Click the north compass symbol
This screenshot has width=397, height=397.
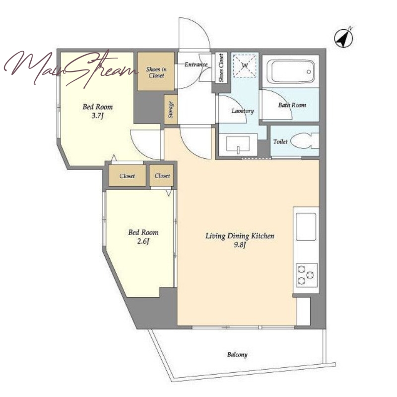pos(343,38)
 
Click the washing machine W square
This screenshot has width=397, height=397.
pos(244,66)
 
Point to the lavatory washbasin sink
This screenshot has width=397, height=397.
pos(238,145)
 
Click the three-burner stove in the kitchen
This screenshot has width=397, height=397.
pos(307,275)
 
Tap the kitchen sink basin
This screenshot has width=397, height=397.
pos(306,227)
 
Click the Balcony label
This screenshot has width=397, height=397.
pos(237,354)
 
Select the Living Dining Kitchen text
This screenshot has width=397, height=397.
pos(240,236)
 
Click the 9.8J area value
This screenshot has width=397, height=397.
pos(240,245)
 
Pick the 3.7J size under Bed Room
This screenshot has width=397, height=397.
pos(98,116)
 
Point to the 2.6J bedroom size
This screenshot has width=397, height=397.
pos(143,241)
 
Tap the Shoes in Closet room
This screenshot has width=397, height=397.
pos(156,71)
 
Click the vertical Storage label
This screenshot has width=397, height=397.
pos(171,110)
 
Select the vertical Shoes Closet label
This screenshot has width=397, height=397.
pos(221,68)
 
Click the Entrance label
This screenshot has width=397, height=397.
pos(196,65)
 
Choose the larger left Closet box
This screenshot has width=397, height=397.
pos(128,176)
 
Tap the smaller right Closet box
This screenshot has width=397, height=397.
pos(162,175)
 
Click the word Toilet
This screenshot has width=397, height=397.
pos(280,141)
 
